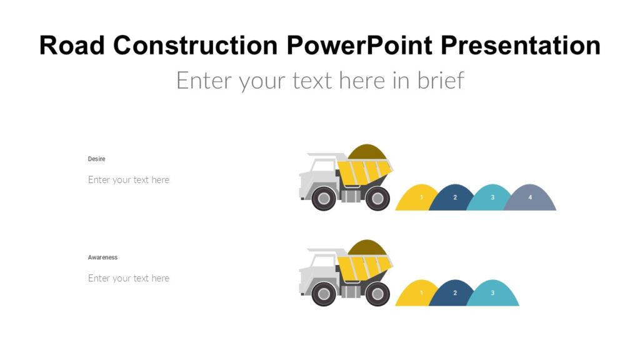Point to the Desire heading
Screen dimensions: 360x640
[96, 159]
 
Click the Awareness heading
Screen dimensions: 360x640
[102, 257]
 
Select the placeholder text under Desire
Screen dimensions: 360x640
[129, 180]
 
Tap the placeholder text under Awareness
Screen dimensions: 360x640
[129, 279]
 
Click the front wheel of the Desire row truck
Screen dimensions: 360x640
[324, 199]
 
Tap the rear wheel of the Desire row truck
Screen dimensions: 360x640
[377, 199]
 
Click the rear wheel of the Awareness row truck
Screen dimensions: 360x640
[377, 294]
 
